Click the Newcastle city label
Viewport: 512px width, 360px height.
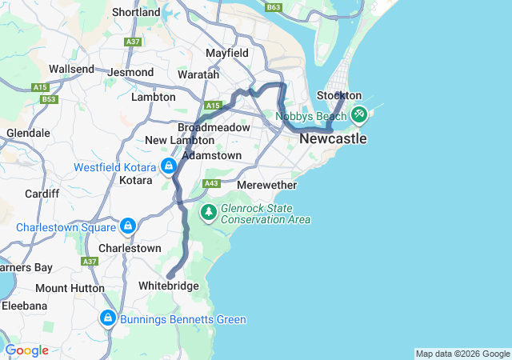click(333, 138)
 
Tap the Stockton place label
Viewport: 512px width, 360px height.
click(339, 96)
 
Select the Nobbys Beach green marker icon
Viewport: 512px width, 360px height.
click(359, 115)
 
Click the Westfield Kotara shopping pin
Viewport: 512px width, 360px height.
click(168, 166)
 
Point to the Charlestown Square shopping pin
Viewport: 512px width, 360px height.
click(126, 226)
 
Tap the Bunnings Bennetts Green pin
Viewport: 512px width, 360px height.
click(107, 318)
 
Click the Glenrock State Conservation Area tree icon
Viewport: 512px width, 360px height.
click(208, 212)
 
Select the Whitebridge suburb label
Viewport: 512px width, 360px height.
click(168, 286)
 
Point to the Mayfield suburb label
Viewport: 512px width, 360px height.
click(226, 53)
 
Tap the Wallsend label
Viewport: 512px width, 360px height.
click(72, 70)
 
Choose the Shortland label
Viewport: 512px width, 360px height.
click(136, 12)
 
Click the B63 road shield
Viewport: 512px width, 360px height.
click(274, 7)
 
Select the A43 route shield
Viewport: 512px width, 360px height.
click(211, 183)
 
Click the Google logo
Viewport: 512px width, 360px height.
click(26, 350)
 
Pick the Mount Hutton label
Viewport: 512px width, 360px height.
click(70, 288)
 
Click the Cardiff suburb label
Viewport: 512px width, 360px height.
click(42, 194)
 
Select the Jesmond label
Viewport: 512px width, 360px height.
click(130, 72)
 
